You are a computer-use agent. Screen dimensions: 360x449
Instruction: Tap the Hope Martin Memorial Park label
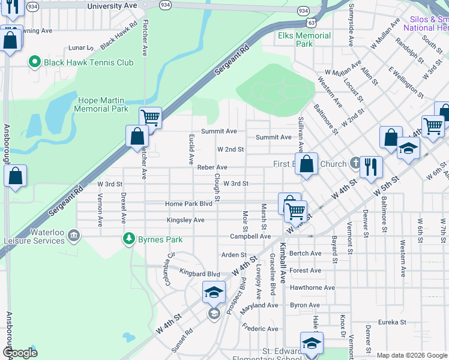coord(101,105)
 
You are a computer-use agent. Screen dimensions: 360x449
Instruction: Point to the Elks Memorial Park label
coord(304,40)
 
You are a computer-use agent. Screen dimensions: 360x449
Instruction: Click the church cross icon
coord(355,163)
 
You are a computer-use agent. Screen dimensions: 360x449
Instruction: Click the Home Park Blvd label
coord(188,204)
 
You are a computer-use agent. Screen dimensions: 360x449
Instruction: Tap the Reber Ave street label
coord(212,167)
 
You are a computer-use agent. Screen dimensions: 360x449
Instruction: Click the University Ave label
coord(112,5)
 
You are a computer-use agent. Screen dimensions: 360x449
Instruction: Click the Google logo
coord(20,353)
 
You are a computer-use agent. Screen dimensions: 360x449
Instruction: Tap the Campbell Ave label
coord(250,236)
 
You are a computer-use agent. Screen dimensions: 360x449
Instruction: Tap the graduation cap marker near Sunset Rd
coord(214,292)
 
